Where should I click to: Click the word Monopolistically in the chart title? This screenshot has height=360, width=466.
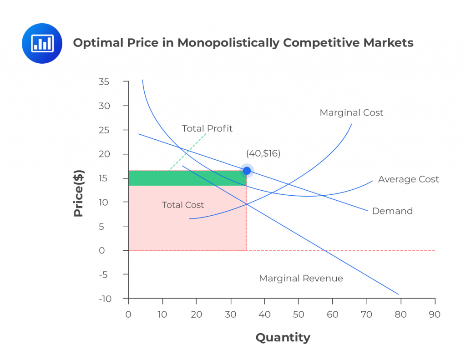click(228, 43)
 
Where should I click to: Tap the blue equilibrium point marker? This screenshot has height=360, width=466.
click(247, 171)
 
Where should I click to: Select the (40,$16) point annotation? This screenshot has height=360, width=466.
click(263, 153)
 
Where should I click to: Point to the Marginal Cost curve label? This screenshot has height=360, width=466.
click(351, 112)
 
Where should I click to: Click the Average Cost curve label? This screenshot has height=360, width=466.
click(408, 179)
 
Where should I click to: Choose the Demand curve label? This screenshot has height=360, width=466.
click(392, 211)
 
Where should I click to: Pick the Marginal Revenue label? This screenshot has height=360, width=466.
click(301, 278)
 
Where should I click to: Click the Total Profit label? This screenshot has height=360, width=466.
click(207, 128)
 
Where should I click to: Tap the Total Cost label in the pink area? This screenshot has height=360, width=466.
click(183, 205)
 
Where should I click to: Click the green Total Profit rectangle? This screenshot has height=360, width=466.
click(187, 178)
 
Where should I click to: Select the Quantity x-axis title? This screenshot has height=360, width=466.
click(283, 337)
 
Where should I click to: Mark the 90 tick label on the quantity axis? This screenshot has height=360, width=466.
click(435, 314)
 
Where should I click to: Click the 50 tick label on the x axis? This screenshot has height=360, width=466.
click(299, 314)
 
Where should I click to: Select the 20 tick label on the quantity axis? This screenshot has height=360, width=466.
click(197, 314)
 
